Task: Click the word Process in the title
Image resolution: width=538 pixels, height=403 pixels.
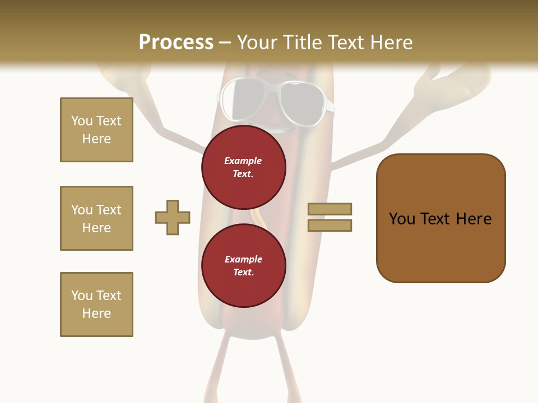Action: click(x=176, y=43)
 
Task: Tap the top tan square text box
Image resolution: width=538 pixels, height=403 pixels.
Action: click(x=96, y=130)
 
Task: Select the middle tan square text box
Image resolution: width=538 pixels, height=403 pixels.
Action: click(x=96, y=218)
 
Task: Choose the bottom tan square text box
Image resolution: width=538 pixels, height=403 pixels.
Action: click(x=96, y=304)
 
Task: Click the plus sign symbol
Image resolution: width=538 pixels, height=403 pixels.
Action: click(x=173, y=217)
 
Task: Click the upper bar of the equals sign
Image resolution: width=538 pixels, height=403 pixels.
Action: click(x=330, y=209)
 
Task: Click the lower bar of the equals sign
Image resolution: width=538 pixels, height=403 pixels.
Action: click(x=330, y=226)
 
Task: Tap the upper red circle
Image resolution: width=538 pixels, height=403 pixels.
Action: click(x=243, y=167)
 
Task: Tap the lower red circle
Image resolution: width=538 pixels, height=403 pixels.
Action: click(x=243, y=266)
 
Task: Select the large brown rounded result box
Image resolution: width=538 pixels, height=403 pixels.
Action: click(x=440, y=218)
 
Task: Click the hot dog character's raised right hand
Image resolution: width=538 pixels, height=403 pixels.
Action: click(x=448, y=81)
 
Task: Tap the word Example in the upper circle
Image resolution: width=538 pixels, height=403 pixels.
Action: click(x=243, y=161)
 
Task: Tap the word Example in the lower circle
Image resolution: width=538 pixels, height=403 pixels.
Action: click(x=243, y=260)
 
